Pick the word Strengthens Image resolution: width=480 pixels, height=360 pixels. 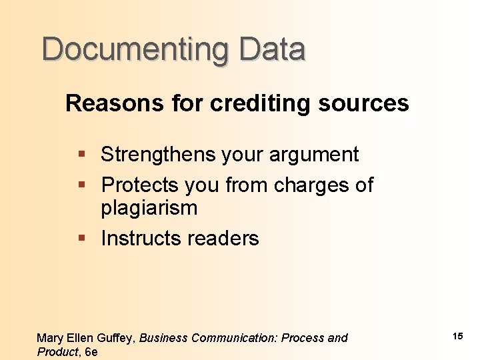point(158,155)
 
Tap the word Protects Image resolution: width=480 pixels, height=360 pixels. point(140,185)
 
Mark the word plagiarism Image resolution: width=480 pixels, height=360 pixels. point(149,209)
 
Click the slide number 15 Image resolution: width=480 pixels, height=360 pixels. point(457,336)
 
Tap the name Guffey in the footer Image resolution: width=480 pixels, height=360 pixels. point(117,339)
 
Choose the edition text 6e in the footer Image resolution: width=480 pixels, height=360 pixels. point(91,352)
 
